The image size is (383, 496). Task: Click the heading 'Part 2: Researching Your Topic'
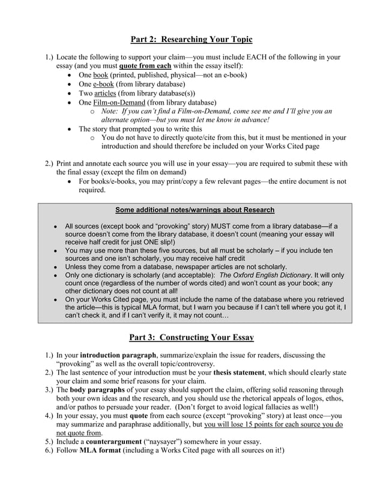[x=191, y=40]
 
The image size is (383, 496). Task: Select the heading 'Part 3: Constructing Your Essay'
[x=191, y=337]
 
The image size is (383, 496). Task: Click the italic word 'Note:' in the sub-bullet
[x=112, y=111]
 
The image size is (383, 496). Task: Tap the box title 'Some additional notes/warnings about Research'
[x=191, y=210]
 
